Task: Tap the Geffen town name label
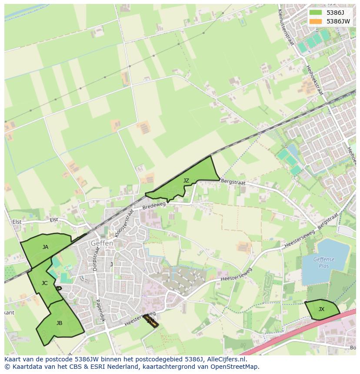pyautogui.click(x=102, y=244)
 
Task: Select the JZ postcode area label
pyautogui.click(x=186, y=181)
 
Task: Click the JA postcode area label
pyautogui.click(x=45, y=247)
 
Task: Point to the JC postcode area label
pyautogui.click(x=44, y=283)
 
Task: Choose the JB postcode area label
pyautogui.click(x=59, y=323)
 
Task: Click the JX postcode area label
pyautogui.click(x=321, y=309)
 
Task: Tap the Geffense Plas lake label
pyautogui.click(x=324, y=262)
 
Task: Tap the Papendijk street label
pyautogui.click(x=100, y=310)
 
